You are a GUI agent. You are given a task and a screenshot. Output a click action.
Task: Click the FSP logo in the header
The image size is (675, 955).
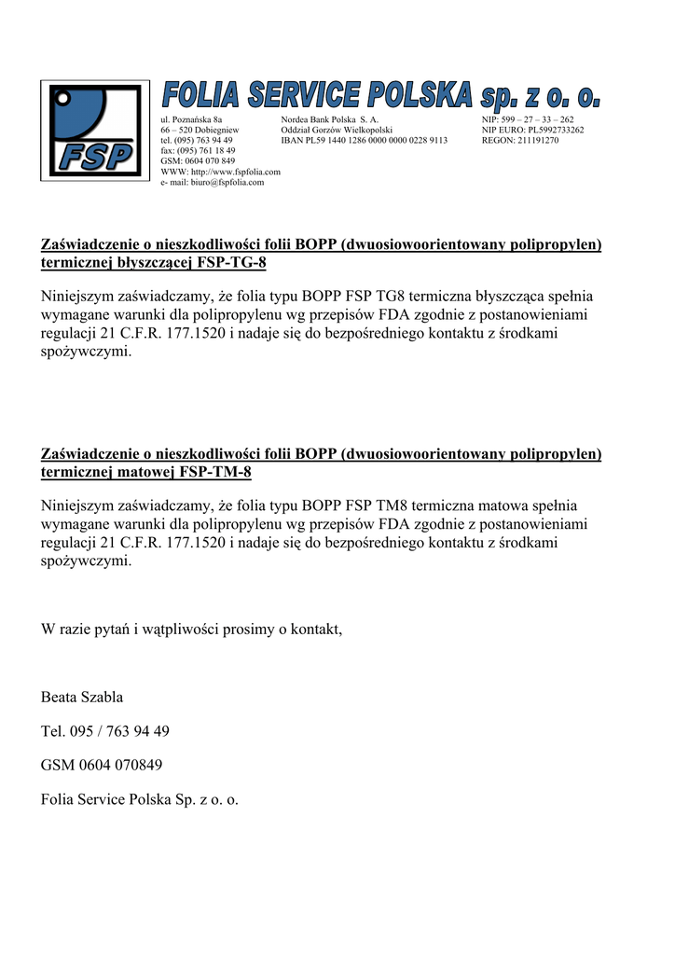pos(96,130)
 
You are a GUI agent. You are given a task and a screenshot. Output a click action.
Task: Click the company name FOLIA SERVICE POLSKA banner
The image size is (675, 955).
pos(381,95)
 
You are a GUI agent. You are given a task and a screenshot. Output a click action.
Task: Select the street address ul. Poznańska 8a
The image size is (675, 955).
pos(191,120)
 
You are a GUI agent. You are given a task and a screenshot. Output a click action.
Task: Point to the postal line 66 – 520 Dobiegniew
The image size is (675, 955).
pos(200,131)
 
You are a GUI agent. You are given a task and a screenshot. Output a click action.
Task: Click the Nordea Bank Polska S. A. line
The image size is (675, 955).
pos(329,120)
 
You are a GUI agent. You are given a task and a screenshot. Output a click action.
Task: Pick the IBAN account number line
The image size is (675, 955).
pos(364,141)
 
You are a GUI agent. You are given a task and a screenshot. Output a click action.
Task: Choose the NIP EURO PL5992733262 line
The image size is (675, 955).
pos(532,131)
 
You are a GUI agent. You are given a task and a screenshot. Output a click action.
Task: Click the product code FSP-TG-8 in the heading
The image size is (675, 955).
pos(231,263)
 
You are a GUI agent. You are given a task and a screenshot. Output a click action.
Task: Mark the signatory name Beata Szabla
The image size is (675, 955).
pos(82,698)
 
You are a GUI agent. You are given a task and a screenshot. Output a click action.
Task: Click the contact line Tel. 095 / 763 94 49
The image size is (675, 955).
pos(105,731)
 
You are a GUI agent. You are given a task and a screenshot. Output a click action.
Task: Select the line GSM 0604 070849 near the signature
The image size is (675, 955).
pos(102,766)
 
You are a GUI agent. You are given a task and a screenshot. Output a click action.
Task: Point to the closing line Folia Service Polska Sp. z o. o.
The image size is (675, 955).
pos(140,799)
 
